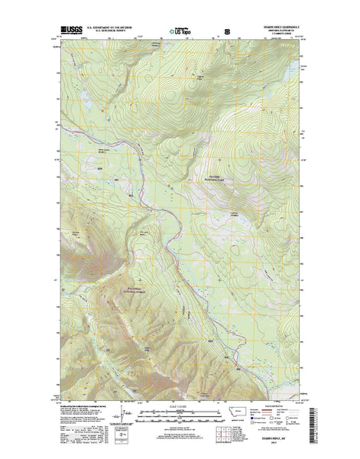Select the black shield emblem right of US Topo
point(226,32)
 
